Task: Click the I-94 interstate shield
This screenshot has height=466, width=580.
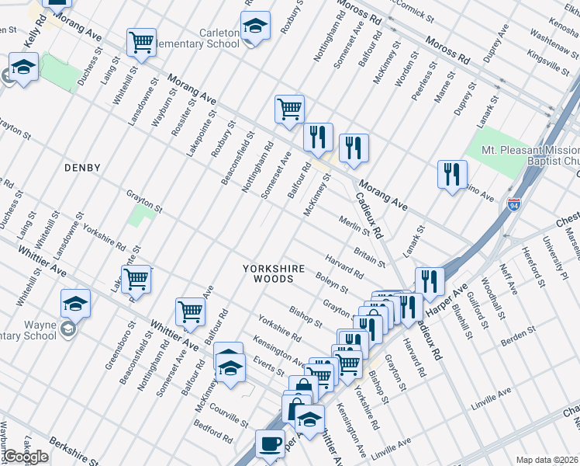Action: point(514,205)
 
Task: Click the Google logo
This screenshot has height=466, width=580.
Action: point(26,457)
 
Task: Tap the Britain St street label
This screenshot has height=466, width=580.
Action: point(369,258)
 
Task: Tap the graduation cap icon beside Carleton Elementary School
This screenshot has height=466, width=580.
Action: point(255,26)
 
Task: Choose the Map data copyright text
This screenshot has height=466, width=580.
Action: point(547,460)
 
